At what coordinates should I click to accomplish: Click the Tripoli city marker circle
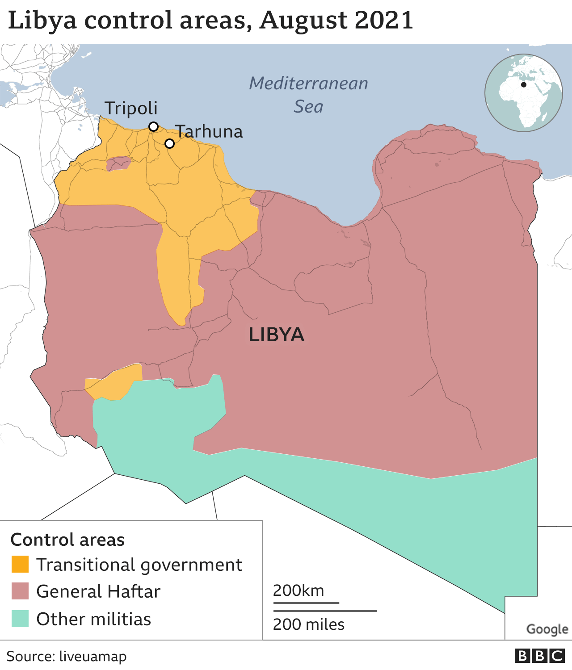tap(153, 126)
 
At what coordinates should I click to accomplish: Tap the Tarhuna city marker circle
tap(169, 143)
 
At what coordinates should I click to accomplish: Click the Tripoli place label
tap(131, 108)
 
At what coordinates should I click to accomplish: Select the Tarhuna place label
tap(209, 132)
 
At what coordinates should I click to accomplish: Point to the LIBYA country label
tap(276, 335)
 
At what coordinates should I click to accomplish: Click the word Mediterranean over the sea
tap(308, 84)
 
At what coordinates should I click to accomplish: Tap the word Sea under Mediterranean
tap(308, 107)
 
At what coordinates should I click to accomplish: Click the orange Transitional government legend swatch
tap(20, 564)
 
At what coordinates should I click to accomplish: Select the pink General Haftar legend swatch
tap(20, 591)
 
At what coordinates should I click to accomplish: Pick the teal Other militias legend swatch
tap(20, 619)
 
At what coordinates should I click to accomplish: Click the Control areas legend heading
tap(67, 540)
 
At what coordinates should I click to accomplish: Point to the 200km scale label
tap(298, 590)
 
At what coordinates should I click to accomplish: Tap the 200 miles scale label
tap(308, 624)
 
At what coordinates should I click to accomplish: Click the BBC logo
tap(539, 656)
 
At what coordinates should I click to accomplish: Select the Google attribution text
tap(547, 629)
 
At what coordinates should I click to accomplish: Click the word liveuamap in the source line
tap(93, 656)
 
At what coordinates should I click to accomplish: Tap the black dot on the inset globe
tap(524, 84)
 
